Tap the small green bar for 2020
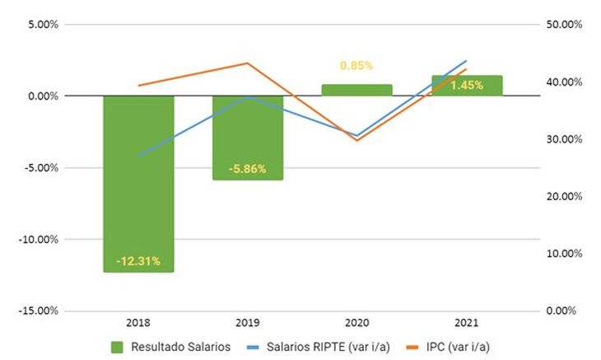click(356, 90)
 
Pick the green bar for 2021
click(467, 85)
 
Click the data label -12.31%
click(138, 262)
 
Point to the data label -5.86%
click(248, 170)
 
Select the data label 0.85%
click(356, 65)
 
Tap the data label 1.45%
click(467, 85)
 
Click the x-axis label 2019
click(248, 324)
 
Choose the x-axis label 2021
click(467, 324)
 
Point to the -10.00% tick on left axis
click(39, 240)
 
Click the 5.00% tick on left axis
click(41, 25)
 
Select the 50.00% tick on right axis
click(565, 25)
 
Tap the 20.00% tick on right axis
click(565, 197)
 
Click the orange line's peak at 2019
click(248, 63)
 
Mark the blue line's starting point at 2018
click(138, 154)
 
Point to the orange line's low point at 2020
click(356, 140)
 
